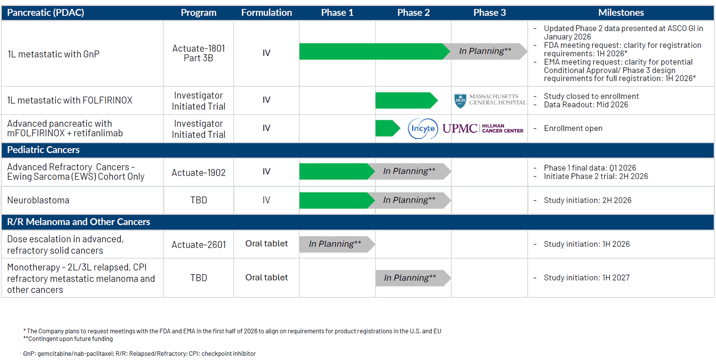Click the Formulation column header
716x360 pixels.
point(266,13)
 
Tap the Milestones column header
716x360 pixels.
point(621,13)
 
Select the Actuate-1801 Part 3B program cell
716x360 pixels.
point(198,53)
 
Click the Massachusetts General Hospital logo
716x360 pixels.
point(490,100)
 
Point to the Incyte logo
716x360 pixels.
point(423,129)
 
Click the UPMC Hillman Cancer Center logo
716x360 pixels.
point(483,129)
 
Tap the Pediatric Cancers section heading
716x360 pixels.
point(43,150)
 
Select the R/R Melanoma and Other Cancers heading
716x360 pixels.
point(79,222)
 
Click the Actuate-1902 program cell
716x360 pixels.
point(198,172)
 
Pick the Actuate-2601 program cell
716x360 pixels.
point(198,245)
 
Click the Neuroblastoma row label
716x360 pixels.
point(38,200)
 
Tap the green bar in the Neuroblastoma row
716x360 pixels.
point(334,200)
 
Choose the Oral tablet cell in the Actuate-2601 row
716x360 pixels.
point(266,244)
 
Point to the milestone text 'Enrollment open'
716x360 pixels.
point(573,129)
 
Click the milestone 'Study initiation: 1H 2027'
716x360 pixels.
point(586,278)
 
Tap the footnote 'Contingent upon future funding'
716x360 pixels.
point(70,339)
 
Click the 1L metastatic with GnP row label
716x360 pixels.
point(53,54)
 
